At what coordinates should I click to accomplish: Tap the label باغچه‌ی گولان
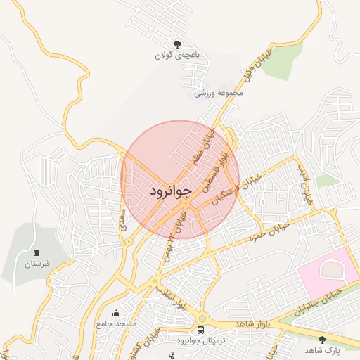[x=178, y=54]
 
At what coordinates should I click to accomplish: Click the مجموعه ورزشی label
[x=219, y=92]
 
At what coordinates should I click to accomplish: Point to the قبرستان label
[x=36, y=264]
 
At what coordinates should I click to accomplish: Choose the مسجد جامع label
[x=116, y=323]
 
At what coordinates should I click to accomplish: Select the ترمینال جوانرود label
[x=201, y=340]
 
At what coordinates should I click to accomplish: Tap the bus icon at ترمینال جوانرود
[x=201, y=329]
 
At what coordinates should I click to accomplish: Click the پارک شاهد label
[x=322, y=349]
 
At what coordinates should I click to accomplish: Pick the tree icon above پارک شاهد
[x=322, y=339]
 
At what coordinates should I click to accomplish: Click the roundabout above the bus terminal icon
[x=201, y=318]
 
